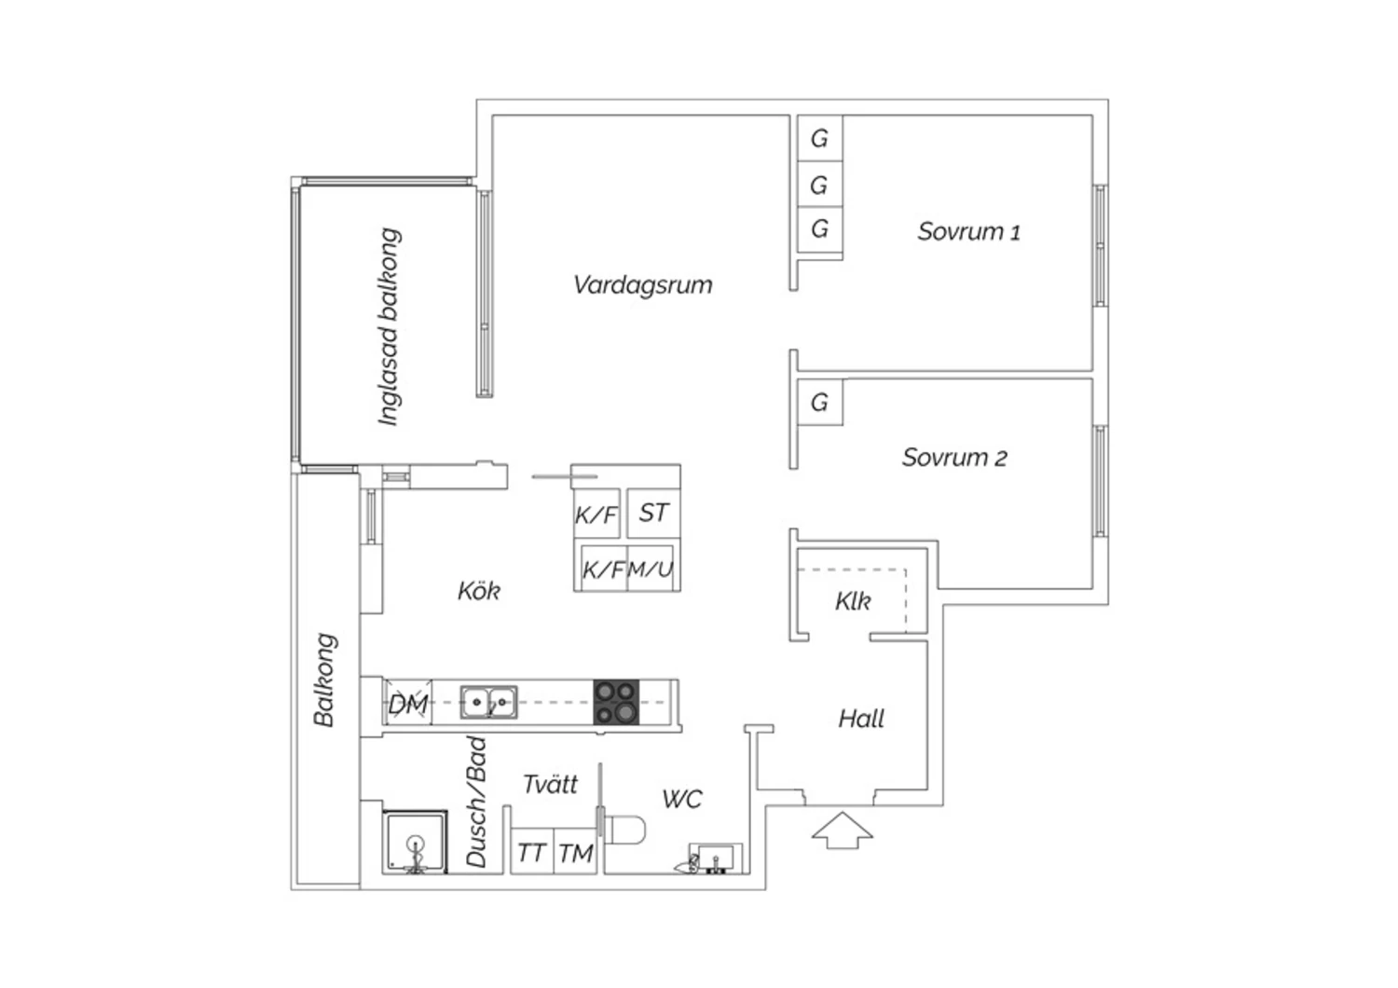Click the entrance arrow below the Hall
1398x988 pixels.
pyautogui.click(x=842, y=830)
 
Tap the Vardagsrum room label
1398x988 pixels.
pyautogui.click(x=642, y=284)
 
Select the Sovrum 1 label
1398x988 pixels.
pyautogui.click(x=968, y=231)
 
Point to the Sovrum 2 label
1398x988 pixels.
pyautogui.click(x=954, y=458)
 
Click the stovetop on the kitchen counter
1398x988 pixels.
pyautogui.click(x=617, y=703)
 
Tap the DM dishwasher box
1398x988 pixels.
pyautogui.click(x=408, y=704)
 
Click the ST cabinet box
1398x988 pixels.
pyautogui.click(x=653, y=513)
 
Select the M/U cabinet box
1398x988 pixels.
pyautogui.click(x=651, y=569)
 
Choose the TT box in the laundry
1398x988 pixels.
pyautogui.click(x=531, y=853)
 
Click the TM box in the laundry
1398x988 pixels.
pyautogui.click(x=576, y=853)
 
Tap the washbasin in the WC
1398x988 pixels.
pyautogui.click(x=715, y=858)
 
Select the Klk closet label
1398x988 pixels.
pyautogui.click(x=853, y=601)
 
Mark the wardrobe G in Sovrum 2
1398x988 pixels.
pyautogui.click(x=819, y=403)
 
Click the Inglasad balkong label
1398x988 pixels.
pyautogui.click(x=390, y=326)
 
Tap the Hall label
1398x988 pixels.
pyautogui.click(x=861, y=719)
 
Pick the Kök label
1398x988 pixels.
pyautogui.click(x=479, y=591)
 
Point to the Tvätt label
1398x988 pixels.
pyautogui.click(x=550, y=784)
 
